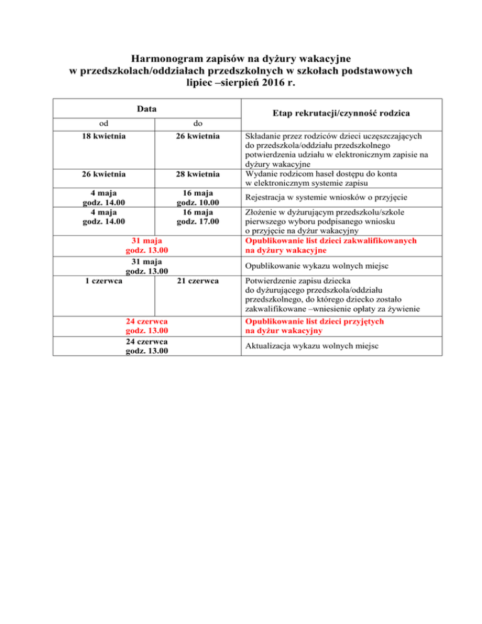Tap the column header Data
(147, 109)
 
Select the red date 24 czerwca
(147, 321)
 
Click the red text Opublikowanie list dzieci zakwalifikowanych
(332, 240)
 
